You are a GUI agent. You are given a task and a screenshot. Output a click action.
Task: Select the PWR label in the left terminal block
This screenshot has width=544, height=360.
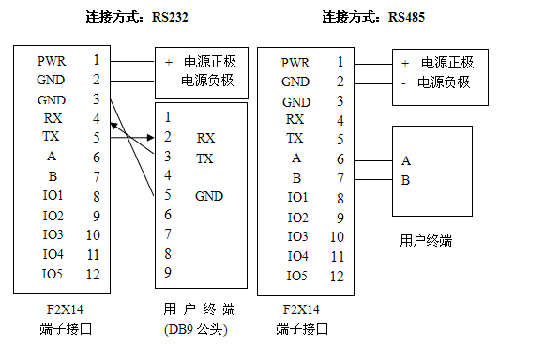point(51,60)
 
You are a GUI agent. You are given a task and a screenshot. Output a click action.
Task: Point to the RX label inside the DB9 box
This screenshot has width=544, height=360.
point(205,137)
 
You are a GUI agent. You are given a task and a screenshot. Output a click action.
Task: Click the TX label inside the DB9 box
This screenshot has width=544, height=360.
point(205,158)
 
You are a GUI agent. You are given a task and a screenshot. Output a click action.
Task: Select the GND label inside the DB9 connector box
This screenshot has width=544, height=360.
point(209,196)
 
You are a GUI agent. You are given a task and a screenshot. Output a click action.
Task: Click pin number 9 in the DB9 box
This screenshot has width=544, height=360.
point(167,273)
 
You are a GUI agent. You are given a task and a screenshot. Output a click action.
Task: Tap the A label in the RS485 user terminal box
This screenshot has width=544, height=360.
point(405,160)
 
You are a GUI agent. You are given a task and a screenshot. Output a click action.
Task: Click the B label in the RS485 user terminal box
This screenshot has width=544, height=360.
point(405,180)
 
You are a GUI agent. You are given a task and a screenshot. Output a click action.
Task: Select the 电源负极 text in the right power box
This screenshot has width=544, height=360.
point(445,82)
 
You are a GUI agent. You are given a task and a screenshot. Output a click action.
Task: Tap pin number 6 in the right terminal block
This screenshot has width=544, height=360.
point(340,158)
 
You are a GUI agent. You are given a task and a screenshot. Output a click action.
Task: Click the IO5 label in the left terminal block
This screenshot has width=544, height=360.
point(53,274)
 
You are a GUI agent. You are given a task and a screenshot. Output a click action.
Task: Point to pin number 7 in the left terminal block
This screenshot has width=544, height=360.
point(97,176)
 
